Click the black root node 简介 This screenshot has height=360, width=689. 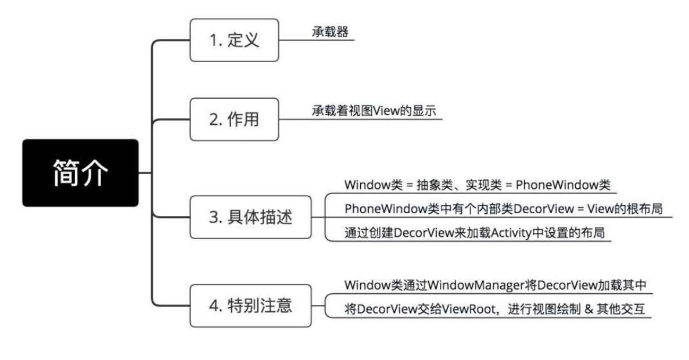click(80, 172)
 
